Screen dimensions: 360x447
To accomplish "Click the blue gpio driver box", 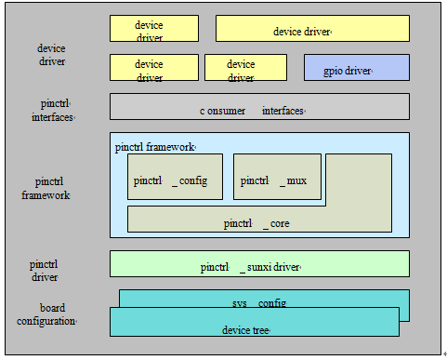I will pyautogui.click(x=357, y=67).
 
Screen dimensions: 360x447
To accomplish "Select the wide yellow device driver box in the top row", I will pyautogui.click(x=312, y=28).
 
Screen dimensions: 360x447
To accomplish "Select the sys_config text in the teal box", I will pyautogui.click(x=258, y=303).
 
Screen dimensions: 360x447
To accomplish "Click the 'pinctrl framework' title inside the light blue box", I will pyautogui.click(x=155, y=146).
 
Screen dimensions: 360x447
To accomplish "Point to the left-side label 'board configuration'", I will pyautogui.click(x=46, y=314).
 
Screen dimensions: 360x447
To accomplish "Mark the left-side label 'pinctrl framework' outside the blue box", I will pyautogui.click(x=46, y=189).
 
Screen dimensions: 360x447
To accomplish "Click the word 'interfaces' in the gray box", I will pyautogui.click(x=283, y=111).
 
